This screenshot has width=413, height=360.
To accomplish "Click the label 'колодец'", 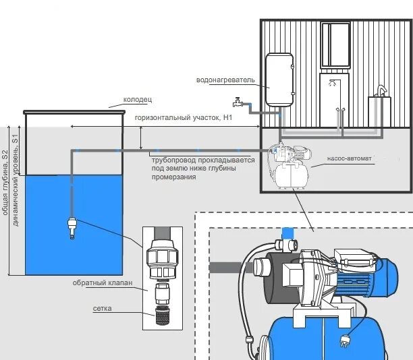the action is (x=138, y=100).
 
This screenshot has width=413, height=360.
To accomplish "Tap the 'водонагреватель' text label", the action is (x=225, y=80).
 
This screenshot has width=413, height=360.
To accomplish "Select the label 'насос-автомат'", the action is (x=349, y=158).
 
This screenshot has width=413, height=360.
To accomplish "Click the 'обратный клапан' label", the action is (x=103, y=282).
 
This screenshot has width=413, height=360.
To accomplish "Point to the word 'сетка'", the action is (x=102, y=308).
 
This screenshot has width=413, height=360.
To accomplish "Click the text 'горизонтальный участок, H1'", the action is (x=184, y=117).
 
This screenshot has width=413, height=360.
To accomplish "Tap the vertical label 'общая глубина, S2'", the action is (x=5, y=183).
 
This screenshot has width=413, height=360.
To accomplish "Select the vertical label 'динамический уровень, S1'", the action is (x=16, y=180).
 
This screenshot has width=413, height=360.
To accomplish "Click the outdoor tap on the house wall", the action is (x=238, y=102).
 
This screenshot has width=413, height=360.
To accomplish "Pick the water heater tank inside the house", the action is (x=279, y=80).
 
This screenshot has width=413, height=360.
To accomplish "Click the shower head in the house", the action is (x=333, y=82).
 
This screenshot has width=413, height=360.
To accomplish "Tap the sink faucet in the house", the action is (x=381, y=90).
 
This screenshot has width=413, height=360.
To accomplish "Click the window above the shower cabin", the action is (x=335, y=45).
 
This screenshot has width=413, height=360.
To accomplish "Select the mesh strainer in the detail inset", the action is (x=162, y=316).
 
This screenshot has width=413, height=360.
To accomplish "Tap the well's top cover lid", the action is (x=74, y=113).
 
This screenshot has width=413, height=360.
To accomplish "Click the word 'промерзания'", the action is (x=174, y=177).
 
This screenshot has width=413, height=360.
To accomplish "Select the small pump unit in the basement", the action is (x=290, y=165).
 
